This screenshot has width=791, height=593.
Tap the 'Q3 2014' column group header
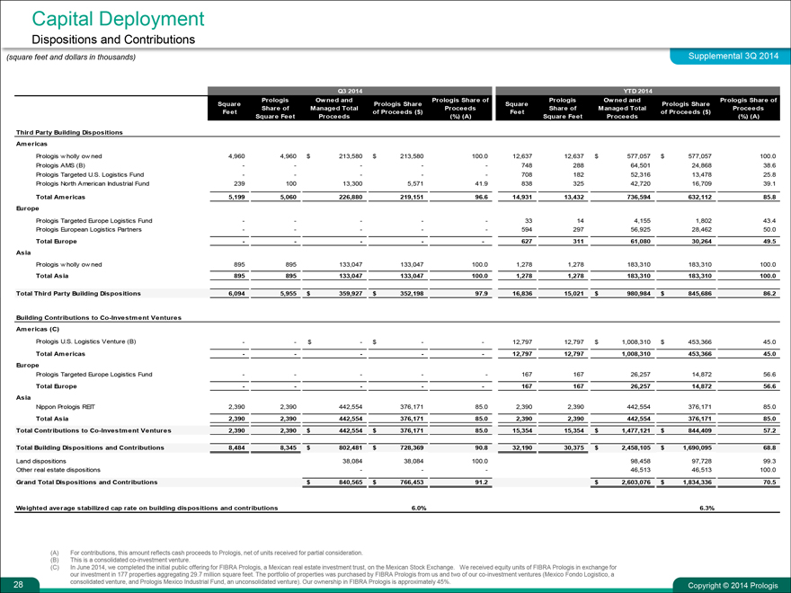350,91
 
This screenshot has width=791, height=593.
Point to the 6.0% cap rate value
418,509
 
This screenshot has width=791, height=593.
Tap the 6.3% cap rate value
706,509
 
